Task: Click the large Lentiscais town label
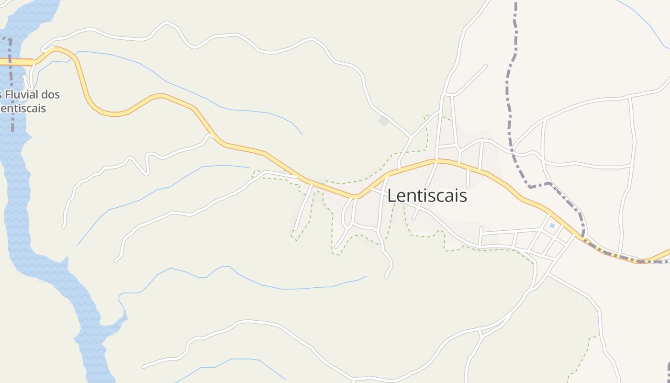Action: click(x=427, y=196)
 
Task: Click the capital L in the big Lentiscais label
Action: click(x=392, y=196)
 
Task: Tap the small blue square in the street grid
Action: click(x=552, y=225)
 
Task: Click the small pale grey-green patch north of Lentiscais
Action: click(x=383, y=121)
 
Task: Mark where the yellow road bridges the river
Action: click(x=14, y=62)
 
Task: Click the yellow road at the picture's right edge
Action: click(x=665, y=252)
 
